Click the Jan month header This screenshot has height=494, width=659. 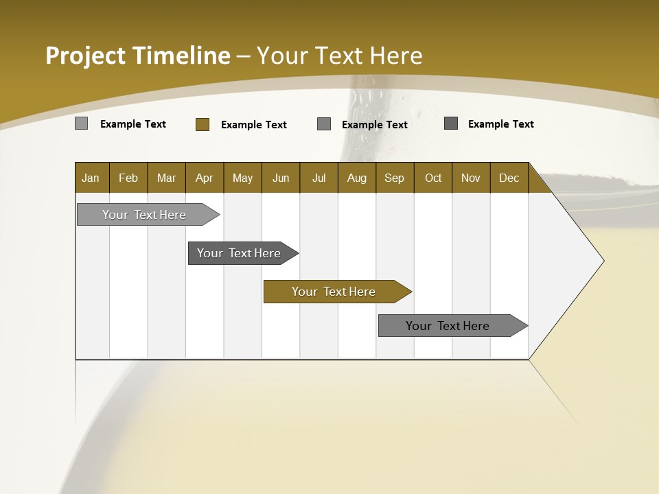click(x=91, y=178)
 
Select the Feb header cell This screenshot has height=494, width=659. click(x=128, y=178)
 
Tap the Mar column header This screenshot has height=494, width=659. click(x=166, y=178)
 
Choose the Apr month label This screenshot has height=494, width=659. click(x=205, y=178)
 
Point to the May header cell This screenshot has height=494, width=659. click(x=242, y=178)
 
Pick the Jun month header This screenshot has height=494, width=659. click(x=281, y=178)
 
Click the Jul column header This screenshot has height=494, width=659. click(x=319, y=178)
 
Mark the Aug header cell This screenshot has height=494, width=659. click(x=357, y=178)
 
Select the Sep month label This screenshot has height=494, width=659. click(x=395, y=178)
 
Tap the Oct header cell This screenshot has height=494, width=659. click(x=433, y=178)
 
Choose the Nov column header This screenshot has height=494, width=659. click(x=471, y=178)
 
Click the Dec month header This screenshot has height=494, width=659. click(x=509, y=178)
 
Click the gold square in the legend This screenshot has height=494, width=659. click(x=203, y=124)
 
